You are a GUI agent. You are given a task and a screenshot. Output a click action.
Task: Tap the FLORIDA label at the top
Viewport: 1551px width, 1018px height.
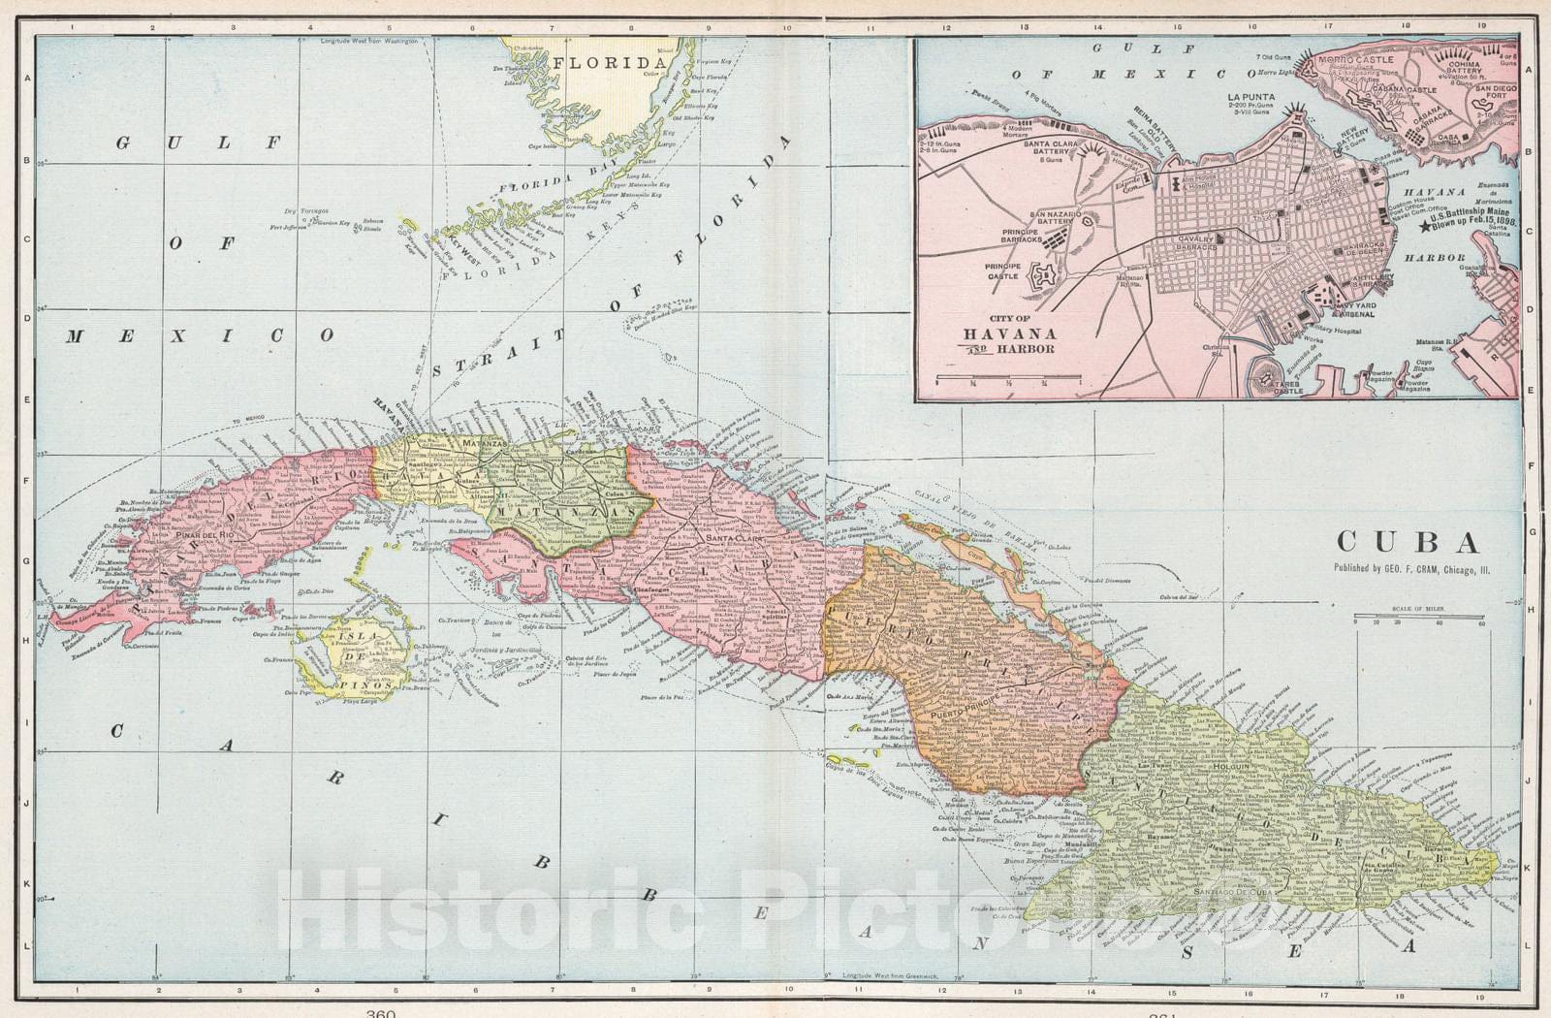coord(603,64)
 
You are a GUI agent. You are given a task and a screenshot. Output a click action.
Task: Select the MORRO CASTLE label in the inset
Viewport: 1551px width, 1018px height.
coord(1356,60)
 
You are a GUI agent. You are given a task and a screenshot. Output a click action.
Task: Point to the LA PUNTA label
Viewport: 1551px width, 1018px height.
coord(1250,97)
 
